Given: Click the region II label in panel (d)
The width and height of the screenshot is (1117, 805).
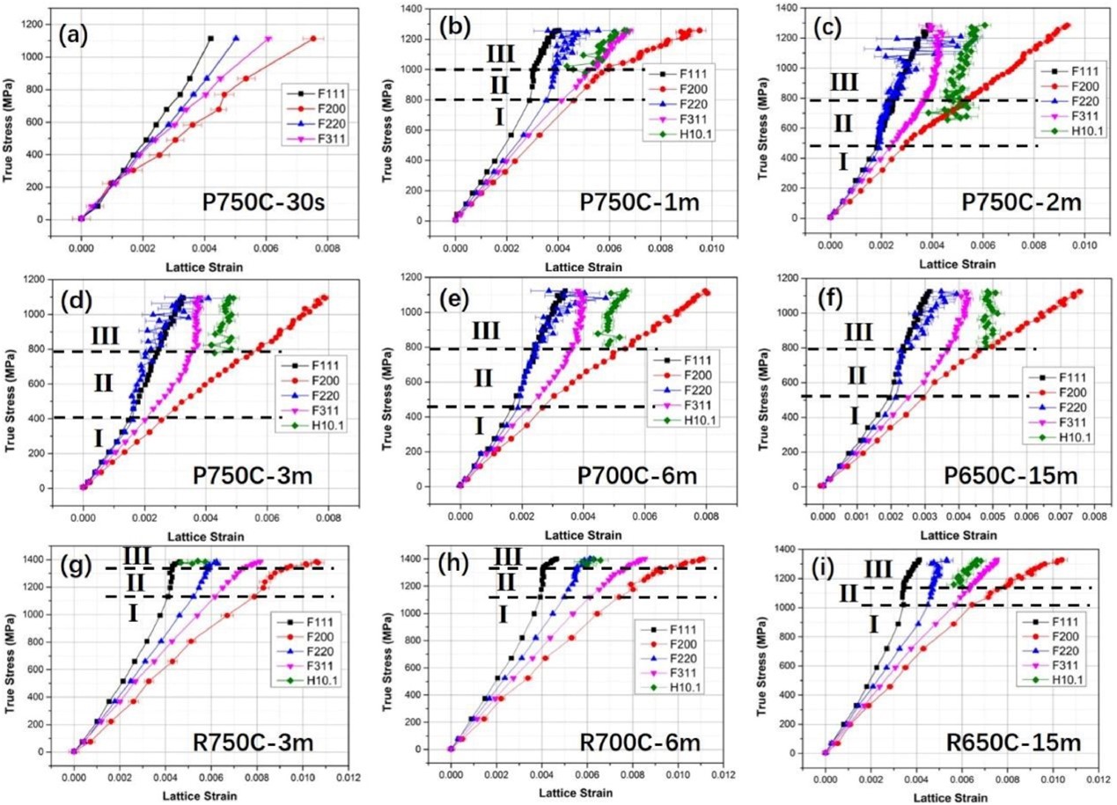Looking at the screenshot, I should tap(104, 384).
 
